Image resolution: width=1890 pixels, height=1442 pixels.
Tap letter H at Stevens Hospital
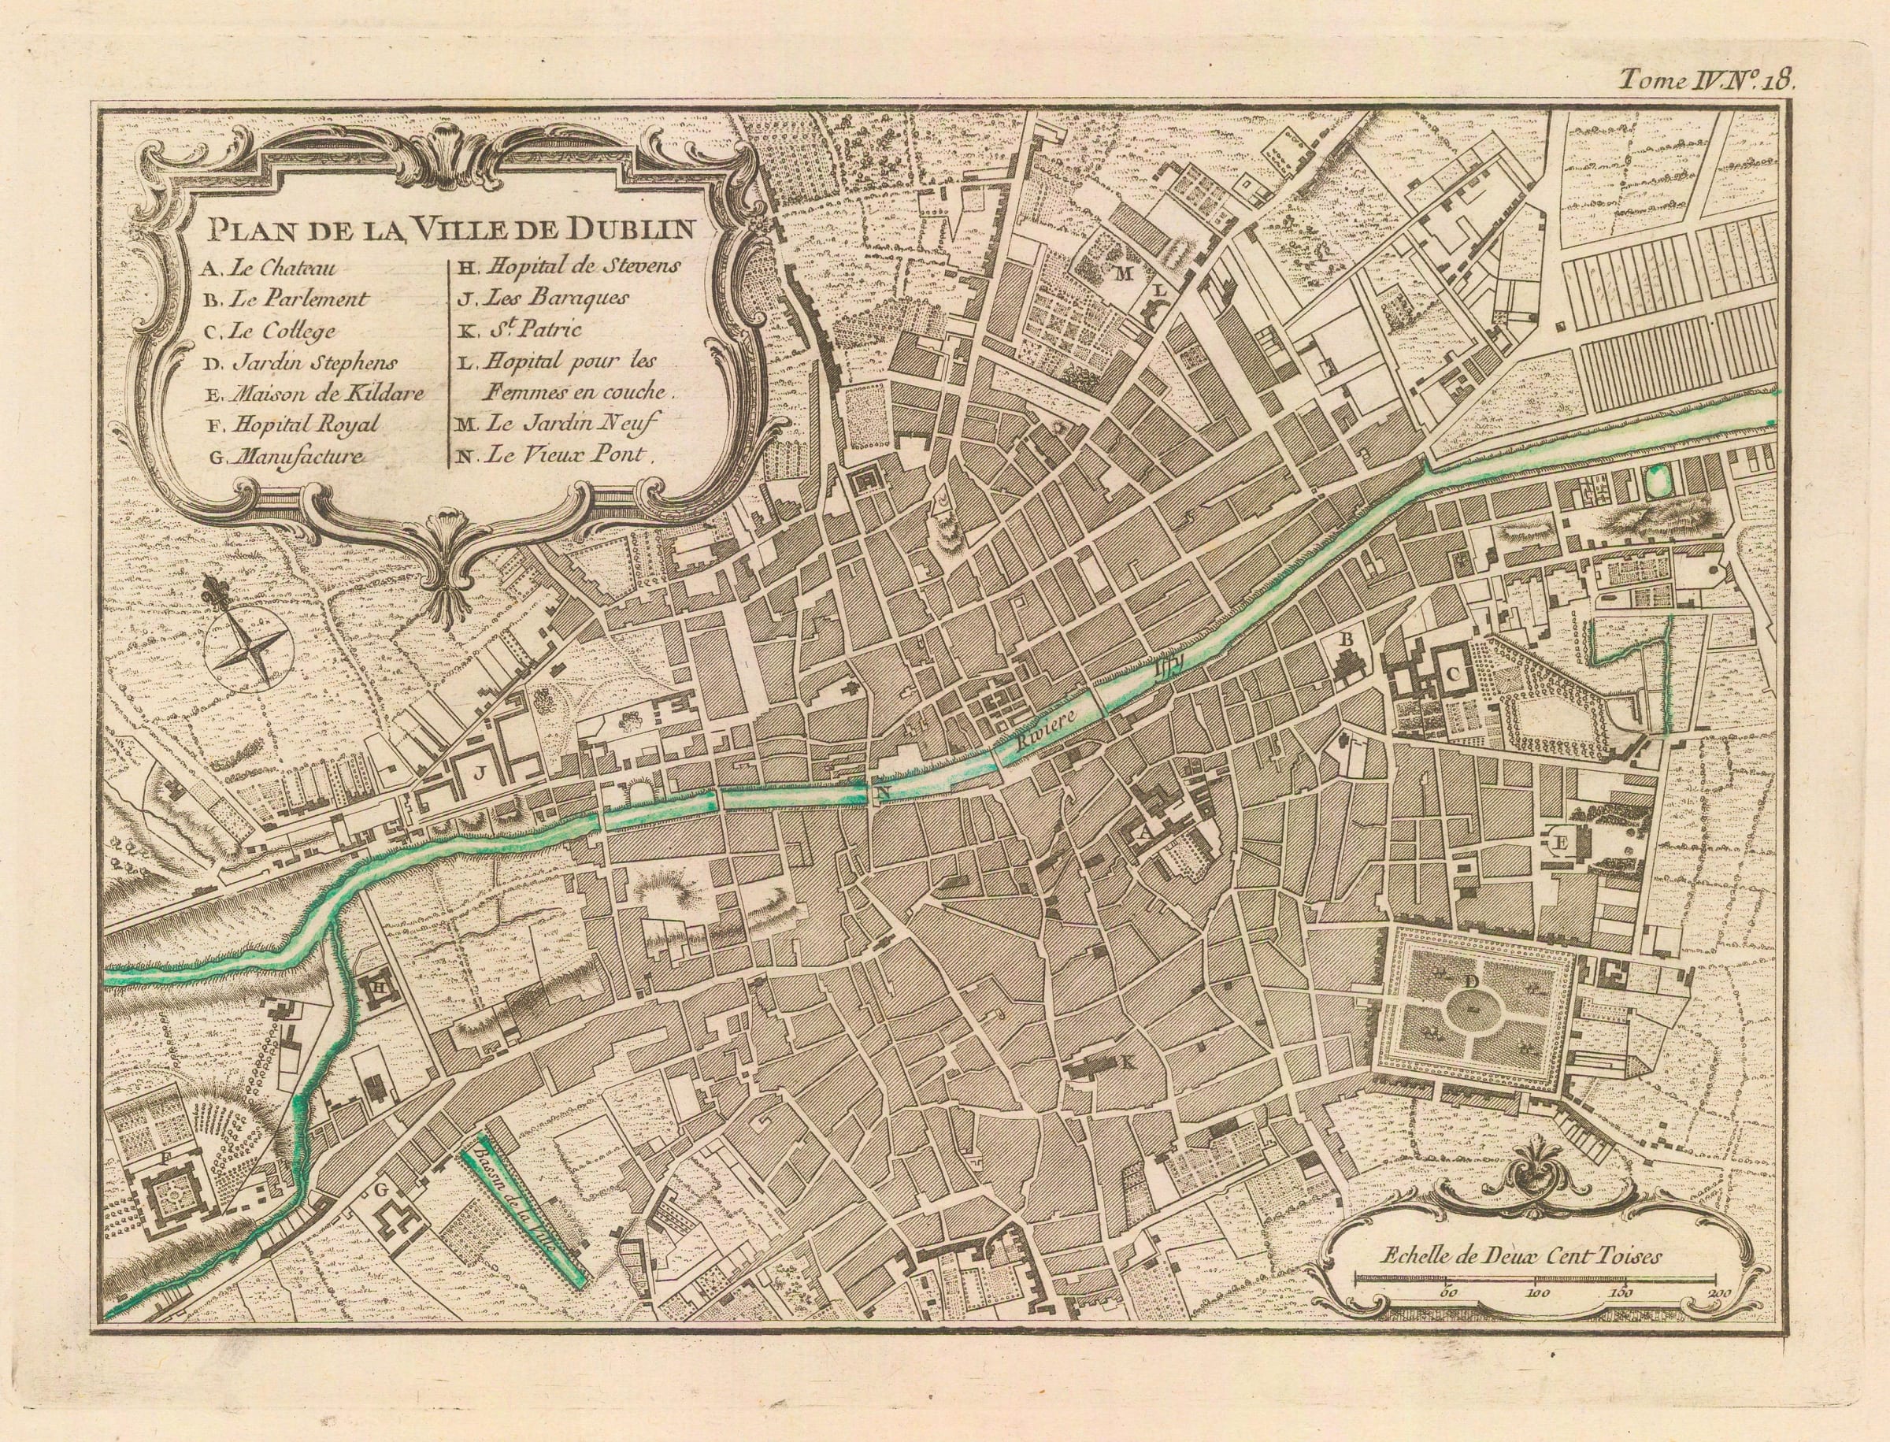(378, 990)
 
